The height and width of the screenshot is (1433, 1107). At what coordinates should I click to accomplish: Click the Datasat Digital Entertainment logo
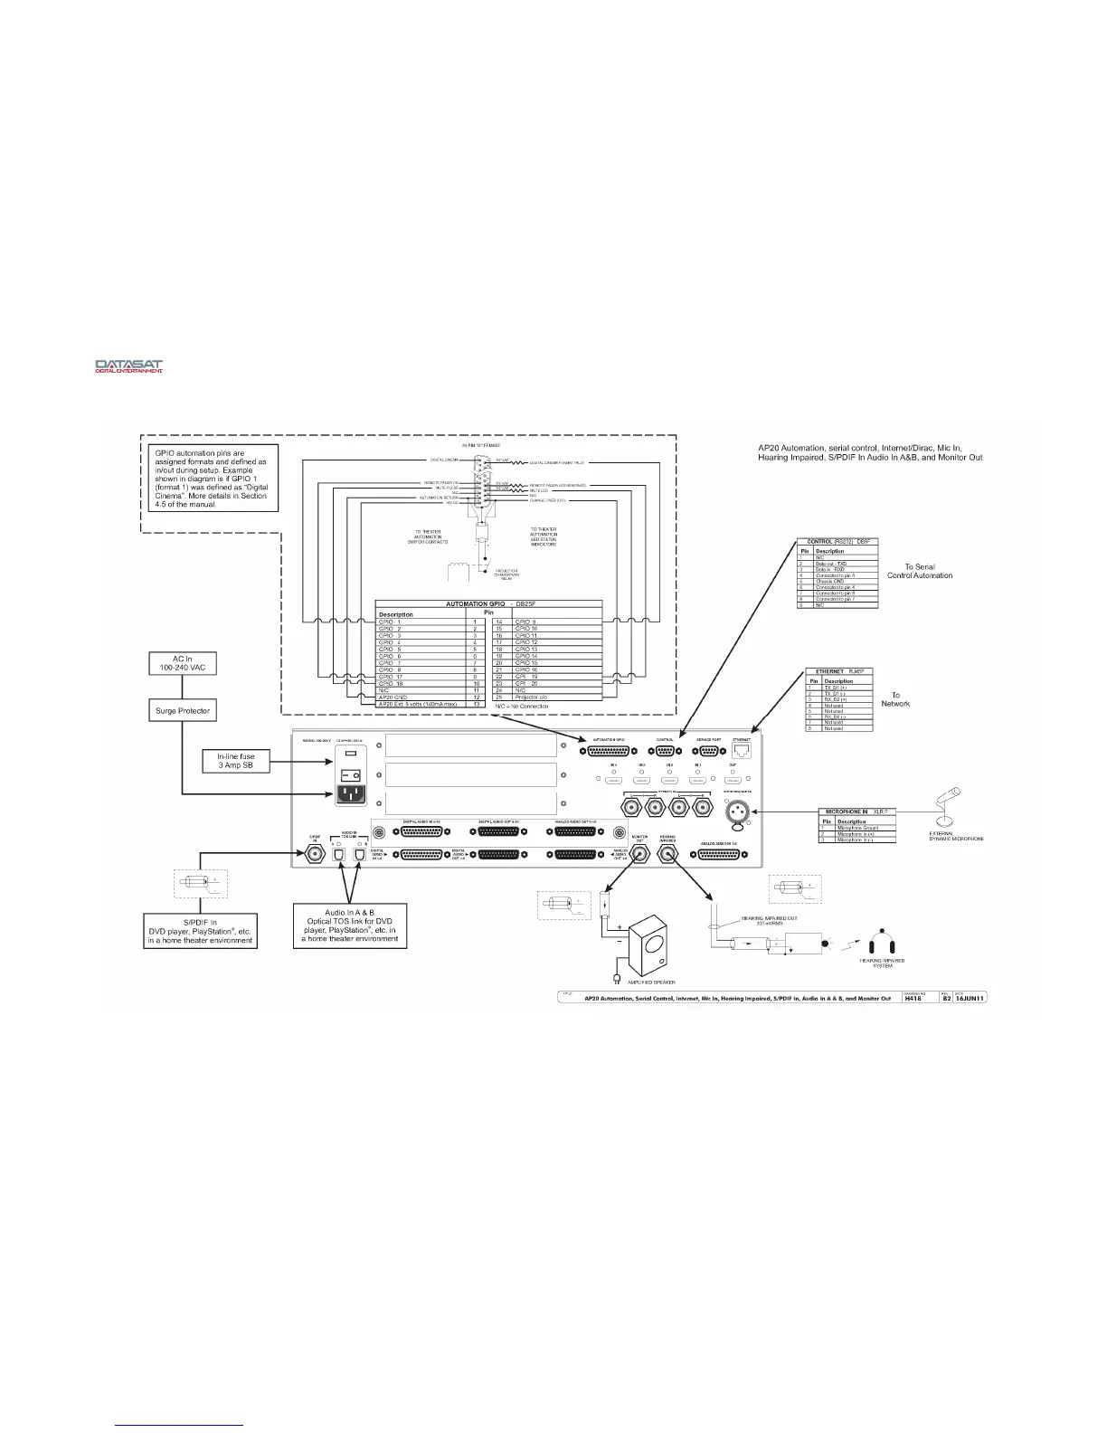129,366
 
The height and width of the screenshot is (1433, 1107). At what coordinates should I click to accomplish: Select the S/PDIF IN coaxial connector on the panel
316,852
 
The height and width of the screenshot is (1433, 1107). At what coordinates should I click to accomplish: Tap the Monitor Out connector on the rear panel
641,853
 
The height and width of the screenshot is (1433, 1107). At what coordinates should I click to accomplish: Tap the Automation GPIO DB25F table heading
488,603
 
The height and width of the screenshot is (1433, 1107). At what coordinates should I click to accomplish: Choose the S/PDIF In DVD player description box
202,931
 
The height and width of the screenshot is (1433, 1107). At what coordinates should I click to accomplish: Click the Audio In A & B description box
349,925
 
